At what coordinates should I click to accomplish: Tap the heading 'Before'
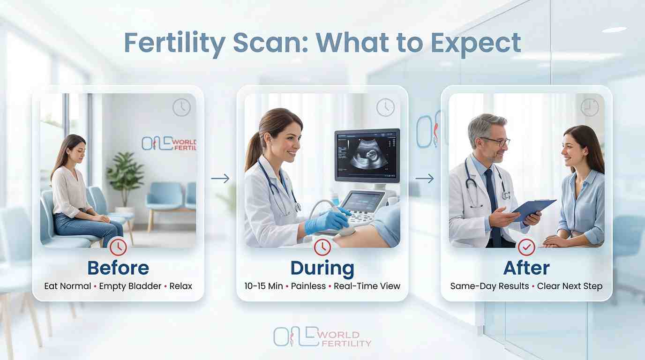click(x=118, y=268)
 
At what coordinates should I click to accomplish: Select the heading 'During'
click(x=322, y=268)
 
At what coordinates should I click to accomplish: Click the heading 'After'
click(x=526, y=268)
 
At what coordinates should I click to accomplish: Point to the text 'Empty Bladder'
click(x=130, y=286)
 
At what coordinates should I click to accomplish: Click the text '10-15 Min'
click(x=263, y=286)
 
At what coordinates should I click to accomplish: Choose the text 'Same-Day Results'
click(x=489, y=286)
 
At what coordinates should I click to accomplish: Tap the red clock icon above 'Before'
click(x=118, y=247)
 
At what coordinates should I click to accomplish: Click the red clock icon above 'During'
click(x=322, y=247)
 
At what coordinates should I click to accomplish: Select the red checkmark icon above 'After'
click(x=526, y=247)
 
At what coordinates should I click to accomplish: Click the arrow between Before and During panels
click(x=220, y=179)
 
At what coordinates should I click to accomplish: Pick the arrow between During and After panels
click(x=424, y=179)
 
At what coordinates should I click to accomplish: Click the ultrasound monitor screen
click(x=367, y=155)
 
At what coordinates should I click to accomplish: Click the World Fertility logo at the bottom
click(x=322, y=337)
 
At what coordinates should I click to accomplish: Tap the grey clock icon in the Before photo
click(x=181, y=107)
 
